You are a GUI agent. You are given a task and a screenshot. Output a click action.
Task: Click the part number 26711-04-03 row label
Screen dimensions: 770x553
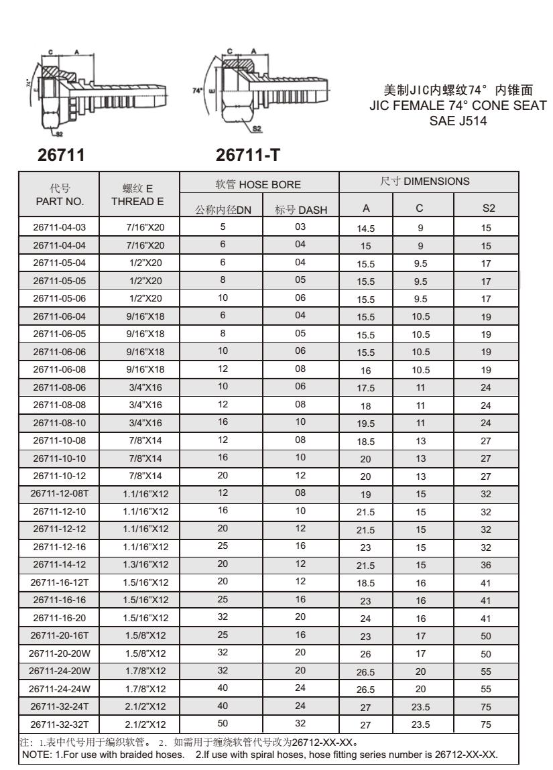(x=58, y=228)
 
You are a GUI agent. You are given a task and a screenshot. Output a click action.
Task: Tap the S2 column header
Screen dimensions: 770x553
(x=486, y=210)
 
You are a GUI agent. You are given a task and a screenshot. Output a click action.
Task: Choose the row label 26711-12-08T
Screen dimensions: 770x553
(x=58, y=494)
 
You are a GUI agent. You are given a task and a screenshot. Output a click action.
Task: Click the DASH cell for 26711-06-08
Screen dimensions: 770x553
(x=300, y=369)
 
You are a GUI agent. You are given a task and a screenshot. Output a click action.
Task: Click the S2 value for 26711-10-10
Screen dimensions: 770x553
(x=486, y=459)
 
